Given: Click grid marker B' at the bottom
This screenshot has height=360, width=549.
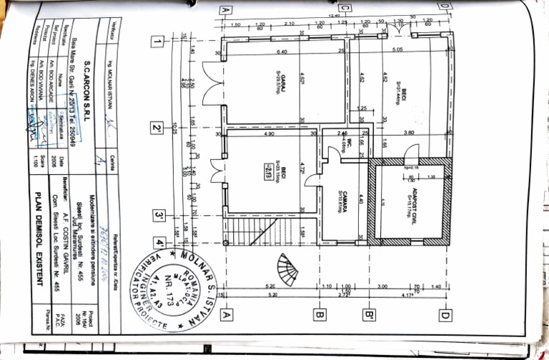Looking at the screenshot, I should coord(370,313).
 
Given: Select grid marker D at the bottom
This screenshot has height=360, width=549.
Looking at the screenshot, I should coord(445,313).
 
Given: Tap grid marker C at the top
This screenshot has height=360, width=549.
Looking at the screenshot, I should coord(345,9).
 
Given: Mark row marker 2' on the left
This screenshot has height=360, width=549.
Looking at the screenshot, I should coord(155,129).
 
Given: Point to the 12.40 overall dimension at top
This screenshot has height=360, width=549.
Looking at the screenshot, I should coord(334,16).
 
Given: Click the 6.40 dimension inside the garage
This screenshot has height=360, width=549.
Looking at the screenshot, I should coord(282,52).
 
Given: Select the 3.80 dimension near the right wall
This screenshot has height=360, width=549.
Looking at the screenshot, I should coord(410,133).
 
